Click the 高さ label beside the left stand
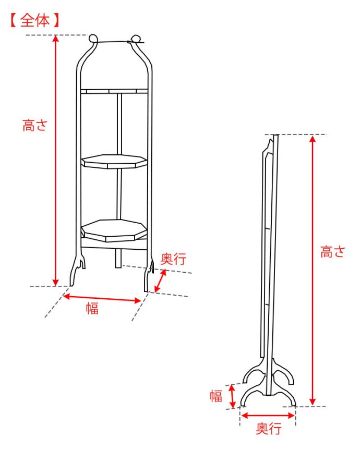[x=34, y=126]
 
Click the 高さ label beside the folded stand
[x=332, y=252]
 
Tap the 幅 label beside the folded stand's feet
[x=216, y=396]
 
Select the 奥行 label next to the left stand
[x=173, y=259]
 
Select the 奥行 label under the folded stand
[x=268, y=429]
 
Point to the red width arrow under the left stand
[x=102, y=298]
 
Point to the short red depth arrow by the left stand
[x=161, y=281]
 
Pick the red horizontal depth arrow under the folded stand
[x=268, y=416]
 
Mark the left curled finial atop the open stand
[x=93, y=39]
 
